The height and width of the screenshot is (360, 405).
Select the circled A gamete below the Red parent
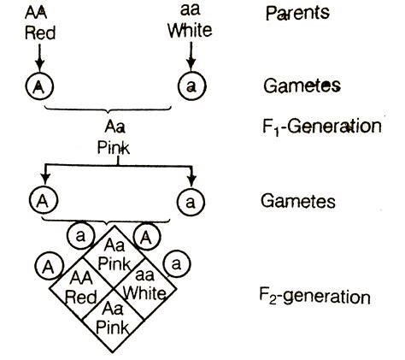pos(38,86)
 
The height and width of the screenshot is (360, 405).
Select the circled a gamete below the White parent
pos(190,86)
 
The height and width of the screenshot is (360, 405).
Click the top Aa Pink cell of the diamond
pos(114,252)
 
